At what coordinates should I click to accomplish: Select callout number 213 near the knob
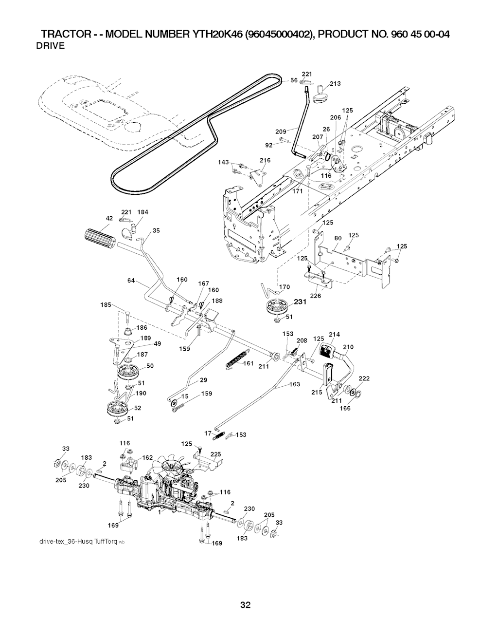point(335,83)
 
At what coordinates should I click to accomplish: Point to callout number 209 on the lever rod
point(281,132)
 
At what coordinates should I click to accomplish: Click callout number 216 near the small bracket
point(265,160)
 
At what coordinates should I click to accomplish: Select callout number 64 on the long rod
point(131,281)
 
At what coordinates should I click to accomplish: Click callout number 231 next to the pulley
point(300,302)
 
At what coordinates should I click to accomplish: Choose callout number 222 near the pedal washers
point(364,378)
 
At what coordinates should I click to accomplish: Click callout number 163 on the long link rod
point(295,385)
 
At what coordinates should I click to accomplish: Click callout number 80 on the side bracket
point(338,238)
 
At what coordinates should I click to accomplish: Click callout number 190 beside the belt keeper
point(141,394)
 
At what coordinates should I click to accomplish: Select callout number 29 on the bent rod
point(203,380)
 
